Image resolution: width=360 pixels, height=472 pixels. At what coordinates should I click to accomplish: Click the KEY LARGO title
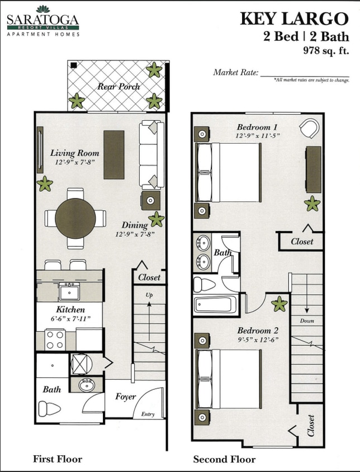pyautogui.click(x=294, y=18)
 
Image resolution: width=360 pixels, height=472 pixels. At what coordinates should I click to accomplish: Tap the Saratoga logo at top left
pyautogui.click(x=43, y=21)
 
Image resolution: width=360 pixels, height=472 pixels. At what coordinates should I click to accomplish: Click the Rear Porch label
pyautogui.click(x=119, y=87)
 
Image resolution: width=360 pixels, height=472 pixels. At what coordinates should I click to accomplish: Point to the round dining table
pyautogui.click(x=75, y=218)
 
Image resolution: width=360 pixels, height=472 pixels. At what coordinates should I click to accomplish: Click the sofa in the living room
pyautogui.click(x=151, y=154)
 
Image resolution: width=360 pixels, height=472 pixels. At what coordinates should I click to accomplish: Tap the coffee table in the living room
pyautogui.click(x=114, y=154)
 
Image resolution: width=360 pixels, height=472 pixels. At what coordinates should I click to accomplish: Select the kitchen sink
pyautogui.click(x=69, y=291)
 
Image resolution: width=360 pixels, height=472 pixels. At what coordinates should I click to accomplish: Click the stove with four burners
pyautogui.click(x=55, y=339)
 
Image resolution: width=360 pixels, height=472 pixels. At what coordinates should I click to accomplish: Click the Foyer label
pyautogui.click(x=126, y=397)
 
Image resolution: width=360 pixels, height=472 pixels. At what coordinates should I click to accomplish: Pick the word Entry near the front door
pyautogui.click(x=148, y=414)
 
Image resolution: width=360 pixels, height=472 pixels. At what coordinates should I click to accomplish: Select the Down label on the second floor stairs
pyautogui.click(x=307, y=321)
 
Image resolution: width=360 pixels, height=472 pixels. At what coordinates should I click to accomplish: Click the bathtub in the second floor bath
pyautogui.click(x=215, y=305)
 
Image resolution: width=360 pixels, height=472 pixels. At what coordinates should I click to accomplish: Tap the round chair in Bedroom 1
pyautogui.click(x=309, y=129)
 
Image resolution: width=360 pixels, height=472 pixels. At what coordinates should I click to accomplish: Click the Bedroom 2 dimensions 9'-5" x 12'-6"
pyautogui.click(x=258, y=339)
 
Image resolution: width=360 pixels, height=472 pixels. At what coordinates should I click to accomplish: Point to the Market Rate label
pyautogui.click(x=235, y=73)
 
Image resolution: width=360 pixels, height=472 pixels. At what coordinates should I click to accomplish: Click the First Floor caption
pyautogui.click(x=58, y=459)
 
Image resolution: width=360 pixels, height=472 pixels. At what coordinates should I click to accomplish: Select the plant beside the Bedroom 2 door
pyautogui.click(x=279, y=304)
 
